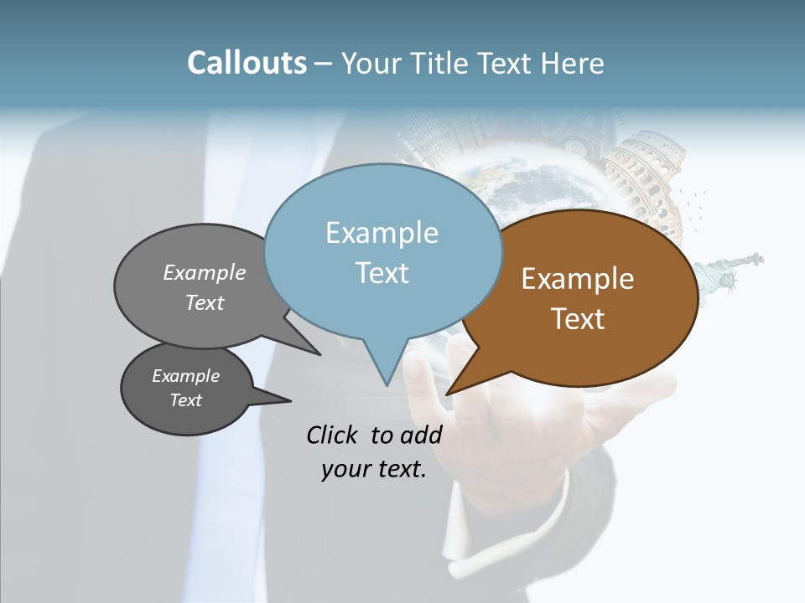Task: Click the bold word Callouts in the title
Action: tap(247, 63)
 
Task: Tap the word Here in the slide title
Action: tap(572, 63)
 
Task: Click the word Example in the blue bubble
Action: tap(382, 233)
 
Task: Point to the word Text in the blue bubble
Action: tap(382, 273)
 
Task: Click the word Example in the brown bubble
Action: tap(578, 279)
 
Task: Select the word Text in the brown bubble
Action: tap(578, 319)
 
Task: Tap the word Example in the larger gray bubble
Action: tap(204, 273)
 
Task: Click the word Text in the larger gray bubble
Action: tap(204, 302)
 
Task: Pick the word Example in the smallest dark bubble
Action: tap(185, 376)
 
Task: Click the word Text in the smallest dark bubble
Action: tap(185, 400)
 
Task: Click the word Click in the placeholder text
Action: tap(334, 435)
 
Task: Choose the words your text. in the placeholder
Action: tap(374, 470)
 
